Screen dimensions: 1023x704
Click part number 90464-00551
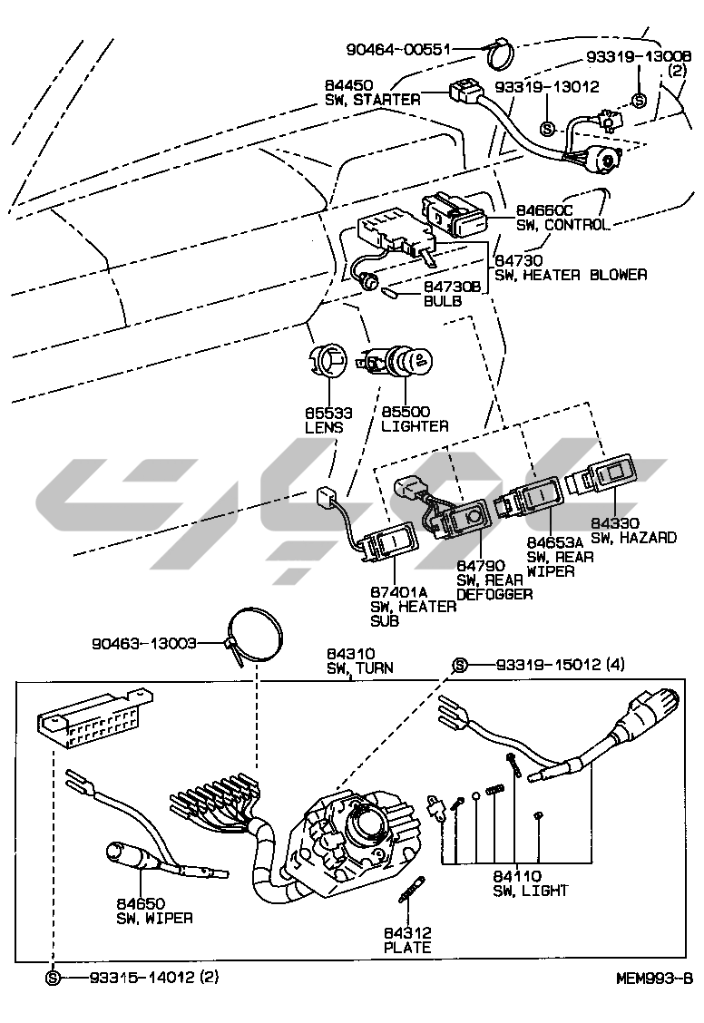pyautogui.click(x=398, y=49)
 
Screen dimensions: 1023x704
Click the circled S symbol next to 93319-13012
pyautogui.click(x=547, y=128)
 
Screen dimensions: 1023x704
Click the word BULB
pyautogui.click(x=443, y=301)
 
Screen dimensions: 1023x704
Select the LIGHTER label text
pyautogui.click(x=415, y=426)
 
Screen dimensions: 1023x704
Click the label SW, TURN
pyautogui.click(x=360, y=668)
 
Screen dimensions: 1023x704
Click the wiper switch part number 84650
pyautogui.click(x=140, y=903)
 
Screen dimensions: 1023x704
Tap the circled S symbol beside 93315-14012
pyautogui.click(x=53, y=977)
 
